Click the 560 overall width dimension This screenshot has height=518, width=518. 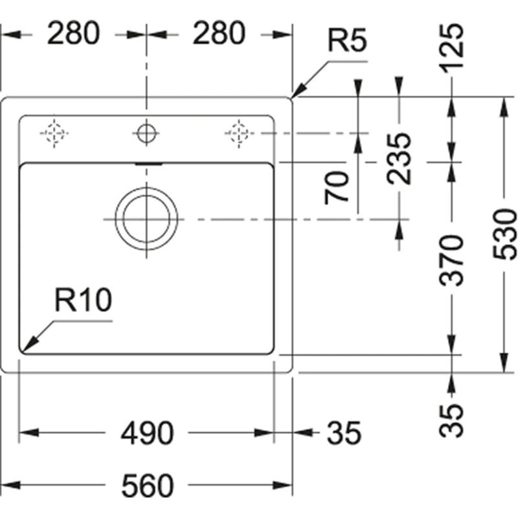point(147,484)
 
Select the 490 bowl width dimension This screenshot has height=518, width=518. point(147,433)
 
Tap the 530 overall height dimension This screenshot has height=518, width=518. point(506,234)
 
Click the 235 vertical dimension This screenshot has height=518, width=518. point(401,159)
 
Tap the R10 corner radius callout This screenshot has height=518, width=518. point(83,301)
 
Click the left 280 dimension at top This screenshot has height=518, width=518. point(73,34)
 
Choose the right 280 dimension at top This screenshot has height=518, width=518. point(219,34)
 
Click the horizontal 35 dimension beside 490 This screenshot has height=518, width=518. point(343,433)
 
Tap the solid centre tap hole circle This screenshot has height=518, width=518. point(146,133)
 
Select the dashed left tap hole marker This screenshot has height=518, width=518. point(54,133)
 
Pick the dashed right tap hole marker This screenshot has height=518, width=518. point(238,133)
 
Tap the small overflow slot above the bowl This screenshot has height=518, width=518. point(147,164)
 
